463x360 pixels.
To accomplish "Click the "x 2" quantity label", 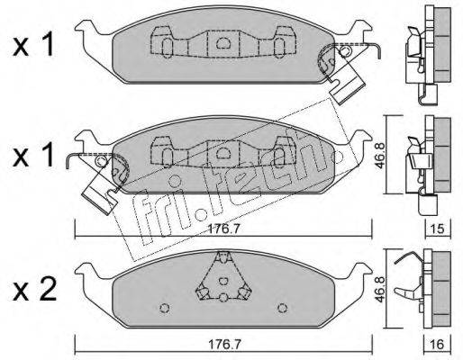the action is click(x=34, y=289).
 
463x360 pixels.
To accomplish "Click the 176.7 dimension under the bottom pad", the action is click(x=223, y=345).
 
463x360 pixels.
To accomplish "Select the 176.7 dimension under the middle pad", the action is click(x=223, y=229).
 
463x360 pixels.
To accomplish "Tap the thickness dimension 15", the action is click(x=438, y=229).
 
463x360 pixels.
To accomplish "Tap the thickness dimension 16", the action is click(x=438, y=345).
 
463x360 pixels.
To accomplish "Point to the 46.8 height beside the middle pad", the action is click(x=380, y=155).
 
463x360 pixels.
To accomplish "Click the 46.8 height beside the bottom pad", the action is click(x=380, y=288).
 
